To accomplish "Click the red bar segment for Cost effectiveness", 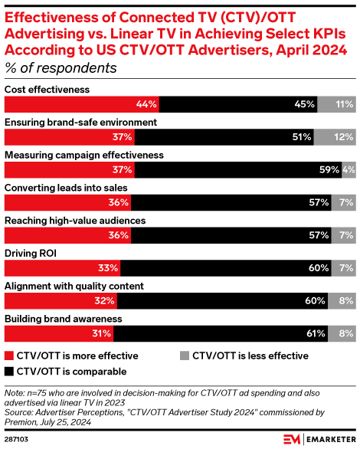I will [x=82, y=104].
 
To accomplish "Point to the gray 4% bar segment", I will [x=349, y=170].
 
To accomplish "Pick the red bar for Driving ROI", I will [x=63, y=268].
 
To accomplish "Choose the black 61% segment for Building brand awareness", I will [x=222, y=334].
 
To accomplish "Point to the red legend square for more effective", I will [x=9, y=356].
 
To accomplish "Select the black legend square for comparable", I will [x=9, y=372].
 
